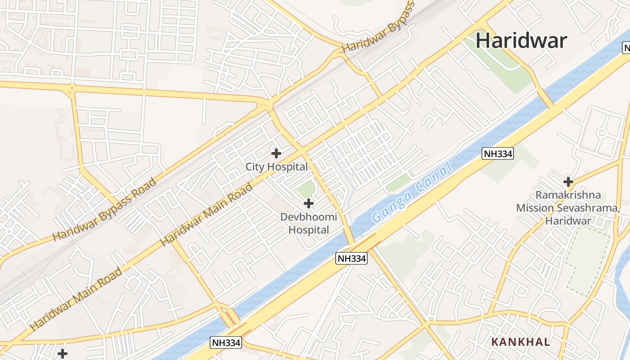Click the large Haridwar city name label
(x=521, y=40)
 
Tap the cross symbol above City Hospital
(x=276, y=153)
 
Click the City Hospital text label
(x=276, y=167)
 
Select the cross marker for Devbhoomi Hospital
(x=308, y=203)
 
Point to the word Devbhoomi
(x=308, y=217)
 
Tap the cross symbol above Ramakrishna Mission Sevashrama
(x=568, y=182)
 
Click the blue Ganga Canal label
(x=412, y=193)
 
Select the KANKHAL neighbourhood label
(x=521, y=342)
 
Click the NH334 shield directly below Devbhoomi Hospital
(x=351, y=258)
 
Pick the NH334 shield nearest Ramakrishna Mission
(x=497, y=153)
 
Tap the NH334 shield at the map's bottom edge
(x=226, y=343)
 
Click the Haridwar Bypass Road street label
(x=104, y=210)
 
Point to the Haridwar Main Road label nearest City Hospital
(x=207, y=215)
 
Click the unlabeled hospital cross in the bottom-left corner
(x=63, y=354)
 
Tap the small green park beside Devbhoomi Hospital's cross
(x=306, y=189)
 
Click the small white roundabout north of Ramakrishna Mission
(x=602, y=133)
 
